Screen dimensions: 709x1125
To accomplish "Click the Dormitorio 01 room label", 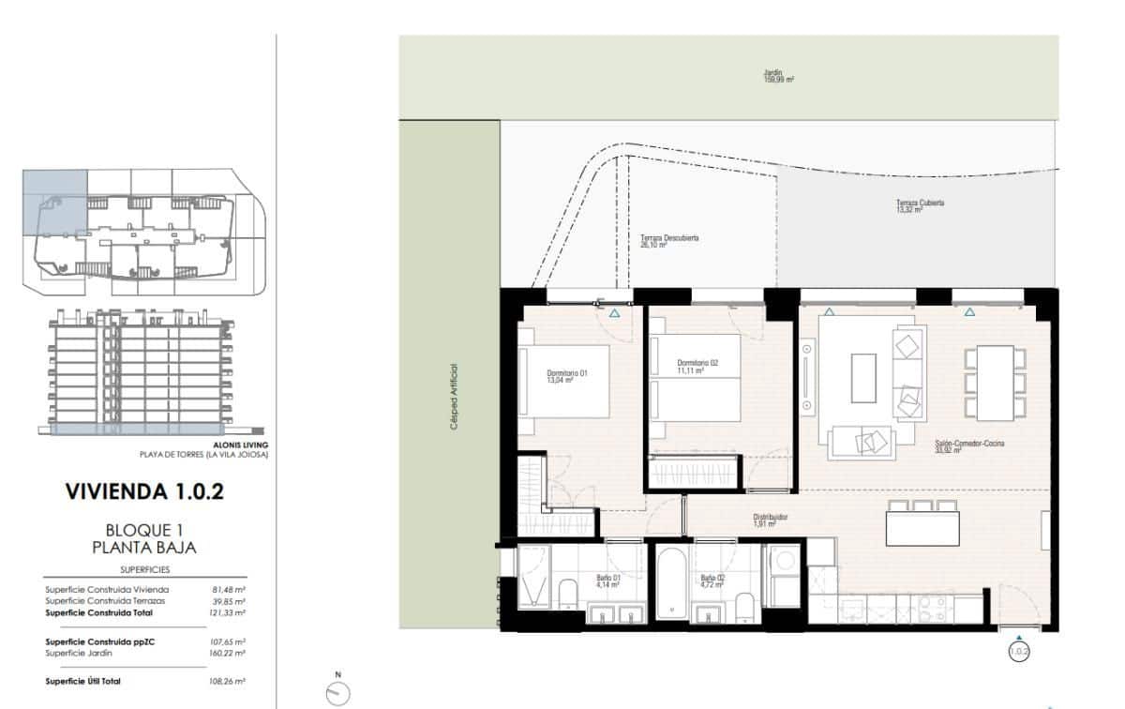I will (x=566, y=377).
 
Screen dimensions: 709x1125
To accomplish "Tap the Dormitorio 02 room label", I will (x=697, y=367).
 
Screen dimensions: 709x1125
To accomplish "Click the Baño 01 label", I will (x=608, y=581).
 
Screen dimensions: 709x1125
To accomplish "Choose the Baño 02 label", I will (x=712, y=581).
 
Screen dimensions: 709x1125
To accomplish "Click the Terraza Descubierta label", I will (x=669, y=241).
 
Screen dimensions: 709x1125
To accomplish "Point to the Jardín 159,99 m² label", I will (x=778, y=76).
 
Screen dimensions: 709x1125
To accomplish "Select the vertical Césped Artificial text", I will (x=454, y=397).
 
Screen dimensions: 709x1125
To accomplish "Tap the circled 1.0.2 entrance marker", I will (x=1019, y=649).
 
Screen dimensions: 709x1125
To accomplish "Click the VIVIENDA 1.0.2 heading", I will (x=144, y=491).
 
